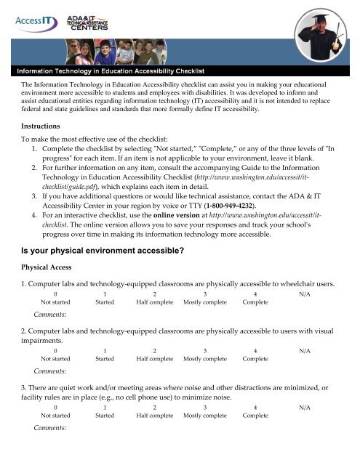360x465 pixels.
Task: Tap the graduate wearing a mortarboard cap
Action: tap(319, 33)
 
